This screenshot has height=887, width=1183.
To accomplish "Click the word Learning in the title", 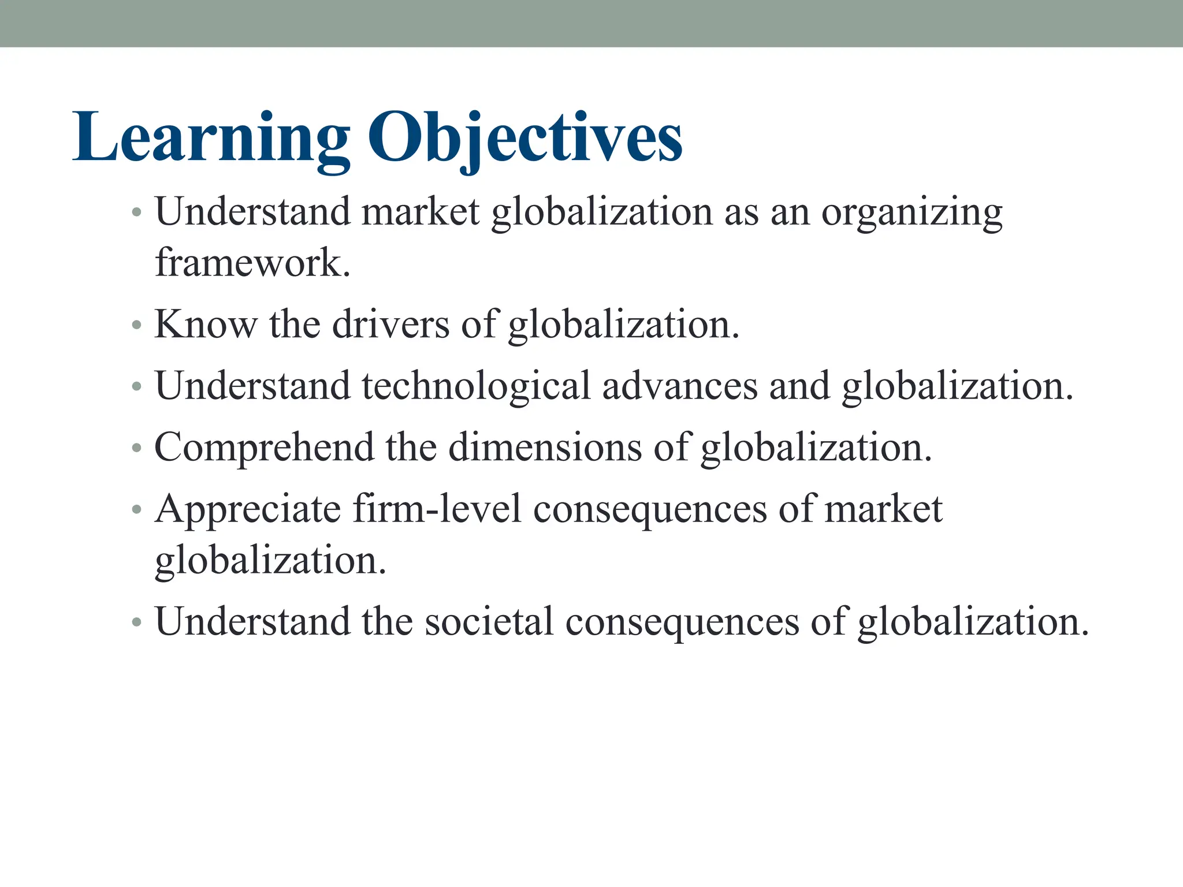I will coord(211,139).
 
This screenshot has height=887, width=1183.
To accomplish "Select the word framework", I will coord(252,263).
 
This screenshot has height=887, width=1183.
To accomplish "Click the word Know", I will coord(206,324).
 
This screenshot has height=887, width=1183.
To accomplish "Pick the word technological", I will coord(476,386).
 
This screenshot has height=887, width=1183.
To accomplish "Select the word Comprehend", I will coord(264,448).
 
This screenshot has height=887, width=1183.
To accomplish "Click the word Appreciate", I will coord(248,509).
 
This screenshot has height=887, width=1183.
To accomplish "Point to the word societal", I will coord(489,622).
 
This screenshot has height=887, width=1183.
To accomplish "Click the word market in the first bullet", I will coord(421,213).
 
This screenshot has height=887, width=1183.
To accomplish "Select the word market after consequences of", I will coord(883,509).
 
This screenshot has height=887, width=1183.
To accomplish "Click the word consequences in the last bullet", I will coord(682,622).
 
